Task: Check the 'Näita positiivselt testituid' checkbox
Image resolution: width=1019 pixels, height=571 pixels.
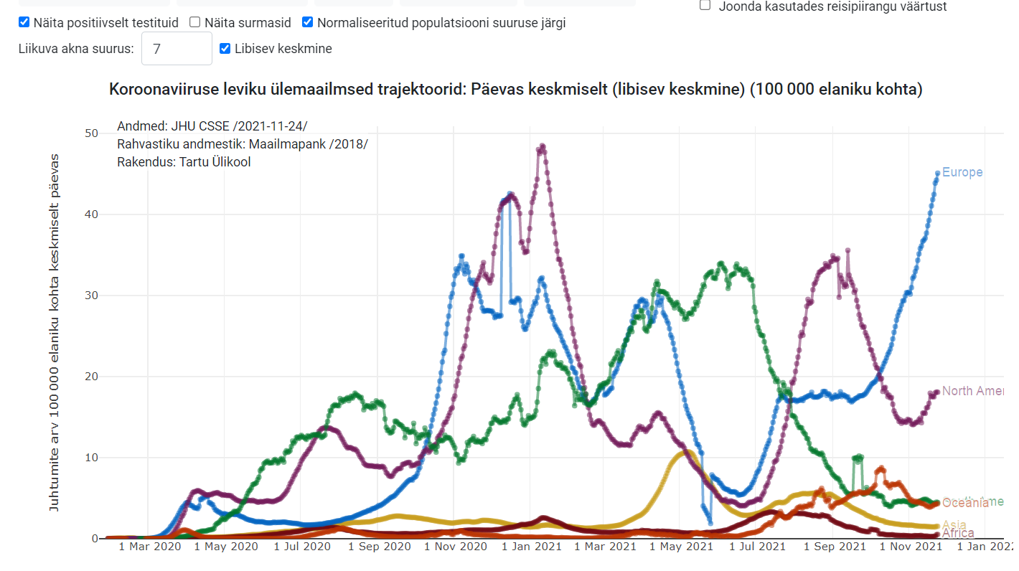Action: pyautogui.click(x=24, y=22)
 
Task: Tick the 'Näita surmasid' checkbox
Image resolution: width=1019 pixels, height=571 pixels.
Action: pyautogui.click(x=195, y=22)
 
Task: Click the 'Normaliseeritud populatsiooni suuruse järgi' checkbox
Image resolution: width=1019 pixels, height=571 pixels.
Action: pyautogui.click(x=308, y=22)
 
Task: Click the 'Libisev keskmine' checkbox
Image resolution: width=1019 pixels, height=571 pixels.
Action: pyautogui.click(x=225, y=49)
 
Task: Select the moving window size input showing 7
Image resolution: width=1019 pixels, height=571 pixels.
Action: pyautogui.click(x=177, y=49)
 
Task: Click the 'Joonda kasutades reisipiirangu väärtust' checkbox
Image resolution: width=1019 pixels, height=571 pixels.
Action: pyautogui.click(x=705, y=6)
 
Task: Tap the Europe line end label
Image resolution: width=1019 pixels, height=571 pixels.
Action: pyautogui.click(x=962, y=172)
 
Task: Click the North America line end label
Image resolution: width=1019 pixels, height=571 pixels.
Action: pyautogui.click(x=972, y=391)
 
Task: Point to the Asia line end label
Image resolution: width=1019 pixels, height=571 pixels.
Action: pyautogui.click(x=954, y=525)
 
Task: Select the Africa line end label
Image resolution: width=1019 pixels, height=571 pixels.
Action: pyautogui.click(x=958, y=533)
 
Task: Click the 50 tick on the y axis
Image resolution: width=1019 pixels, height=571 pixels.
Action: pyautogui.click(x=91, y=133)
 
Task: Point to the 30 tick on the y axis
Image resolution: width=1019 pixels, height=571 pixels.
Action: pyautogui.click(x=91, y=296)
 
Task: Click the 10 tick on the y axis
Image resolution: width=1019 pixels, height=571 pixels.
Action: pyautogui.click(x=91, y=458)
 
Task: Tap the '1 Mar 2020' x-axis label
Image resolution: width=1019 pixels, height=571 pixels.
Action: pyautogui.click(x=149, y=547)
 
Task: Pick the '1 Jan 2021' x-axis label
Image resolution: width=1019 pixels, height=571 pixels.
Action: pyautogui.click(x=531, y=547)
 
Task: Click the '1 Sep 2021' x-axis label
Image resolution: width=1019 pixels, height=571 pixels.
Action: pyautogui.click(x=835, y=547)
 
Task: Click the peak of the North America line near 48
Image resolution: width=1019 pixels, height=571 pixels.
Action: pyautogui.click(x=543, y=146)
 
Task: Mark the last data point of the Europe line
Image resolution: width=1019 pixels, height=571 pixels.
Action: pyautogui.click(x=937, y=173)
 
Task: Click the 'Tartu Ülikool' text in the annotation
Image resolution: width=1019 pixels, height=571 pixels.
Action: pyautogui.click(x=212, y=162)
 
